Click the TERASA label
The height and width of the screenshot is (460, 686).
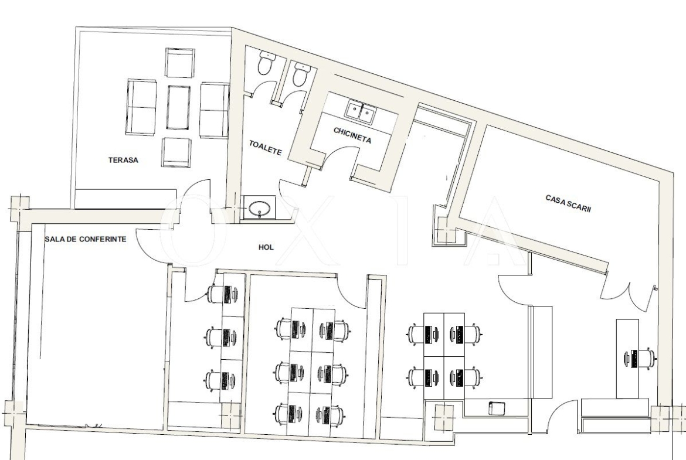coord(123,160)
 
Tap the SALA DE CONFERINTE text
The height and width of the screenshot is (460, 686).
coord(86,239)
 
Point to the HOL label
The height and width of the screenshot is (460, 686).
coord(266,247)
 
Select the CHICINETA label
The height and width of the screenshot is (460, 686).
coord(352,135)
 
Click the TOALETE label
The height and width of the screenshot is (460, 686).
coord(265,148)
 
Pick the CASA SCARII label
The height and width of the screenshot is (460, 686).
coord(568,203)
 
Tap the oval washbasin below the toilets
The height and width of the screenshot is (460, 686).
coord(259,209)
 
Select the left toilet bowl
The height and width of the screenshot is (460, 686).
coord(264,63)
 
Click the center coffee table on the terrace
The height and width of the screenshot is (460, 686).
coord(178,107)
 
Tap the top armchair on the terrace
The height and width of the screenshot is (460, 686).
coord(179,63)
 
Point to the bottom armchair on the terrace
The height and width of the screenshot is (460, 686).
coord(176,152)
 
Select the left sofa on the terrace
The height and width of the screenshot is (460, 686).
coord(141,107)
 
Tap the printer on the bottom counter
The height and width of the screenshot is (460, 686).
coord(497,407)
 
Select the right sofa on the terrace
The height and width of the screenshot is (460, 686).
coord(215,110)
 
